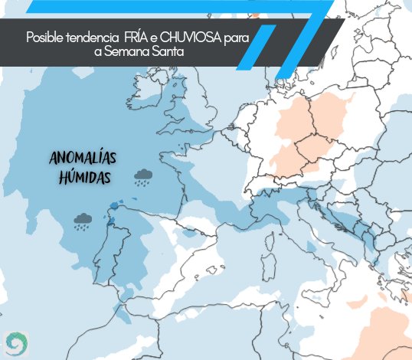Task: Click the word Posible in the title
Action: pos(44,38)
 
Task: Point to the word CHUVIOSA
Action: pos(192,38)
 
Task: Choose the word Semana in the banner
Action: pos(128,51)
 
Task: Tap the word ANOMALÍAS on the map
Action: pos(83,159)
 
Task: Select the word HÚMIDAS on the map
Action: pos(85,178)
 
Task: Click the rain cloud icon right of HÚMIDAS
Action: pos(142,178)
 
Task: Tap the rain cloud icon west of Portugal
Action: pos(83,222)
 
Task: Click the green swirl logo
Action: pos(15,340)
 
